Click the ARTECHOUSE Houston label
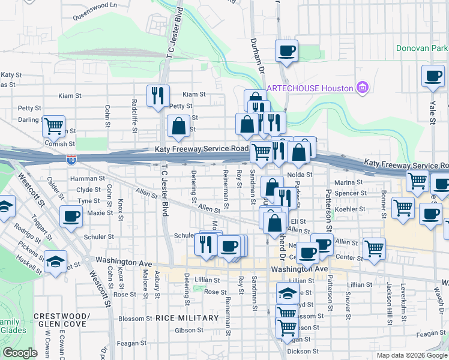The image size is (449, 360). (x=310, y=88)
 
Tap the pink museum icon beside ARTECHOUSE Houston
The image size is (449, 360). (x=361, y=88)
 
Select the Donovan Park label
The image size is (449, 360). (x=422, y=48)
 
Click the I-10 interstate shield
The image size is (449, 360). (x=71, y=160)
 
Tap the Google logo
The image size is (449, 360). (x=20, y=353)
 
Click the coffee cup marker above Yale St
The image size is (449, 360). (x=433, y=76)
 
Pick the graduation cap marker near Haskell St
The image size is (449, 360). (x=55, y=262)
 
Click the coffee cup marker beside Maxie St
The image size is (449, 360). (x=71, y=215)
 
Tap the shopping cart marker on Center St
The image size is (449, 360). (x=374, y=248)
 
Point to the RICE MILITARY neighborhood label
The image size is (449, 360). (x=187, y=317)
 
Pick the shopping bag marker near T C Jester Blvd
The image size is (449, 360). (x=178, y=126)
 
